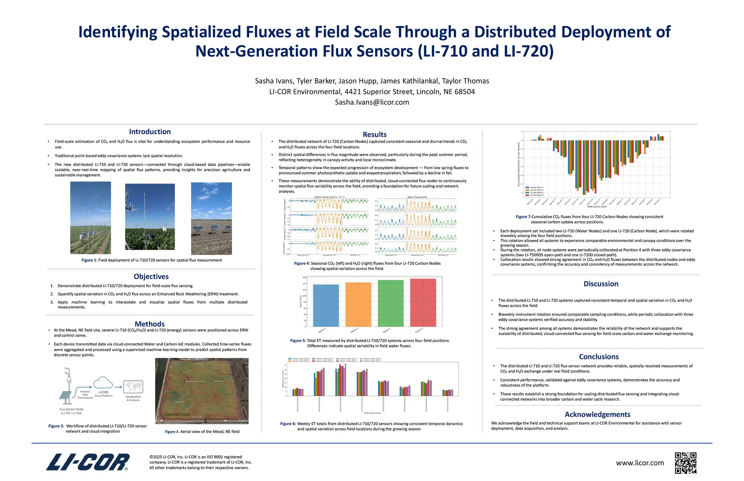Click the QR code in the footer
point(686,463)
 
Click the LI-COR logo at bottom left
point(88,462)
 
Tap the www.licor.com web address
point(640,463)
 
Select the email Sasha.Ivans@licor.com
point(372,102)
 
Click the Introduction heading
point(150,132)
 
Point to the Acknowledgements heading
point(597,415)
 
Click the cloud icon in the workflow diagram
point(103,383)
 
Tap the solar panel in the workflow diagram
point(65,395)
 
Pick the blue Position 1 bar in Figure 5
point(325,305)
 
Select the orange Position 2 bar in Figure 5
point(358,304)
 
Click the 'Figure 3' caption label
point(172,432)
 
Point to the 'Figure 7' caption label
point(523,217)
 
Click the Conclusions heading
point(599,357)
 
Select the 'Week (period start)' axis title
point(597,207)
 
